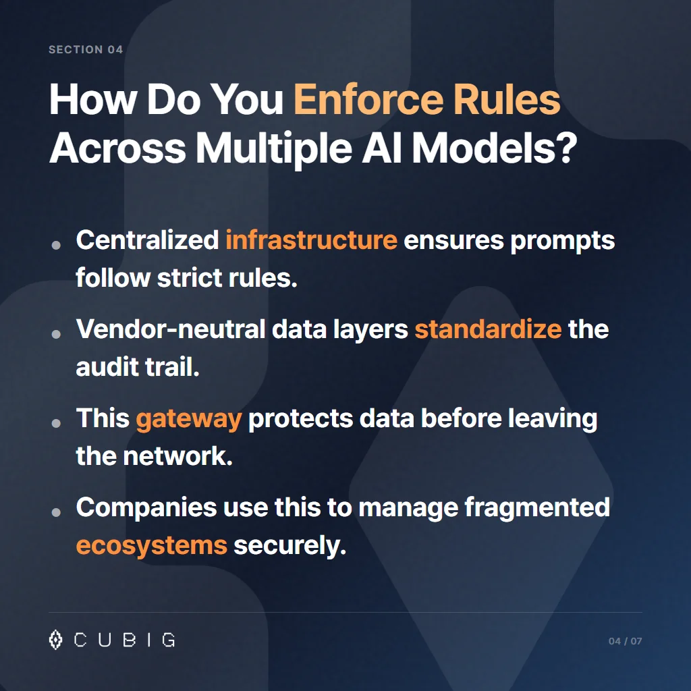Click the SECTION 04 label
pyautogui.click(x=86, y=50)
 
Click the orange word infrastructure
pyautogui.click(x=311, y=240)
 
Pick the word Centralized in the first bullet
pyautogui.click(x=147, y=240)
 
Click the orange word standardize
pyautogui.click(x=488, y=329)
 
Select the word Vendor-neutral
pyautogui.click(x=172, y=329)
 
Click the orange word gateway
pyautogui.click(x=188, y=418)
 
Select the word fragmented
pyautogui.click(x=537, y=507)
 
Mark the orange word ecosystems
pyautogui.click(x=151, y=545)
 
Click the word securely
pyautogui.click(x=289, y=545)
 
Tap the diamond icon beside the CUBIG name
pyautogui.click(x=56, y=639)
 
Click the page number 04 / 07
pyautogui.click(x=625, y=640)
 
